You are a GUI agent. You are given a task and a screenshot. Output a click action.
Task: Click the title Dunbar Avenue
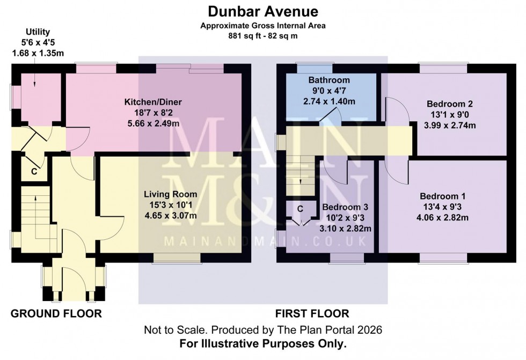coord(262,11)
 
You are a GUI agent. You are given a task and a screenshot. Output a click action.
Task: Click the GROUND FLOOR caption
coord(56,313)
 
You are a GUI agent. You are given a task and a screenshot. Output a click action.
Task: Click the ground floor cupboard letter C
coord(33,172)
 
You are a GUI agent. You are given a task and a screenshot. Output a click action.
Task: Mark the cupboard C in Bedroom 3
coord(300,208)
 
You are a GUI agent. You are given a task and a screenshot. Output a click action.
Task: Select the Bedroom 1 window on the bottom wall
coord(443,258)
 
